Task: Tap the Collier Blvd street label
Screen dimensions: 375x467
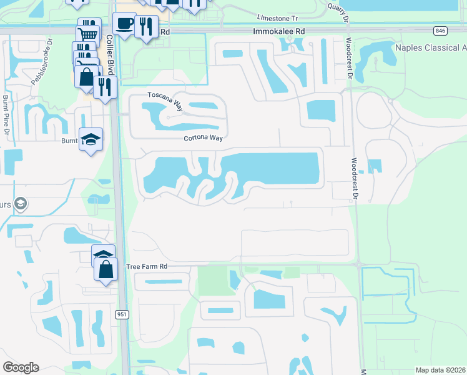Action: pyautogui.click(x=111, y=52)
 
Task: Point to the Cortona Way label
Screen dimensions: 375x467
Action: pyautogui.click(x=203, y=139)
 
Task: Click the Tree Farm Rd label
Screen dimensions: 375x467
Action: pyautogui.click(x=147, y=266)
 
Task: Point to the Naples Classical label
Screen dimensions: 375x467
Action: pyautogui.click(x=431, y=48)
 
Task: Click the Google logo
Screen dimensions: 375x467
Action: pyautogui.click(x=21, y=367)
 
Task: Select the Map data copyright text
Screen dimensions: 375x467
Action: pyautogui.click(x=440, y=370)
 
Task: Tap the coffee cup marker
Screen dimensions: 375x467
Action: pyautogui.click(x=124, y=24)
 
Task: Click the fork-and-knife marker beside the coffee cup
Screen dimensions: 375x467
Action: pyautogui.click(x=146, y=26)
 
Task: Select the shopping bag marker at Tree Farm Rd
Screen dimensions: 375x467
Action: pyautogui.click(x=106, y=269)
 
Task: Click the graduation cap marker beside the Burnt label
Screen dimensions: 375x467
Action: pyautogui.click(x=91, y=140)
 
